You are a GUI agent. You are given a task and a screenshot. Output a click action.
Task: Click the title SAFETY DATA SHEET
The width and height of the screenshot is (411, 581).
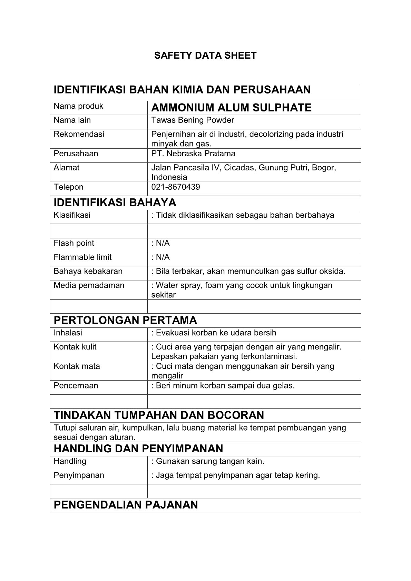pos(205,56)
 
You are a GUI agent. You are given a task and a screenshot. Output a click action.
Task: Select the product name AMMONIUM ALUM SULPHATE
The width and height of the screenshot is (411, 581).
pos(231,108)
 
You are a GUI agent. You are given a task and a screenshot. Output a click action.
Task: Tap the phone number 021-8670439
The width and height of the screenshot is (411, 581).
pos(176,187)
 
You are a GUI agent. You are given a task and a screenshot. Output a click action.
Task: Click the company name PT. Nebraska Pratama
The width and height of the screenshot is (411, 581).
pos(193,154)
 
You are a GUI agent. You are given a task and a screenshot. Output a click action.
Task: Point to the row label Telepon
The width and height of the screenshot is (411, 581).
pos(68,187)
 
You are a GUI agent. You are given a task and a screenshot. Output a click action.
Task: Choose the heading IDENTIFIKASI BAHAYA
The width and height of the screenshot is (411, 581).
pos(115,202)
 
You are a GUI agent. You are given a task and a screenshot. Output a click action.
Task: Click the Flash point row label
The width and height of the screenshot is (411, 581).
pos(74,243)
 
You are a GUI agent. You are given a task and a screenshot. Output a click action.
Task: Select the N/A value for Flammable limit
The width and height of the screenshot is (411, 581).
pos(163,257)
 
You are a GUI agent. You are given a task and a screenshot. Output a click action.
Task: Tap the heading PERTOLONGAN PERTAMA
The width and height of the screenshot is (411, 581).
pos(125,320)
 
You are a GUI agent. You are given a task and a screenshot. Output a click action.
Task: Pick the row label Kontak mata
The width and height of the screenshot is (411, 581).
pos(77,366)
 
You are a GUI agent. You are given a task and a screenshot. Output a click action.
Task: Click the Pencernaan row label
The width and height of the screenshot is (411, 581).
pos(76,385)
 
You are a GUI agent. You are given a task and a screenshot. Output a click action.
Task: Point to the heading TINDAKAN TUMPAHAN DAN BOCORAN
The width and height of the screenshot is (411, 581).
pos(159,415)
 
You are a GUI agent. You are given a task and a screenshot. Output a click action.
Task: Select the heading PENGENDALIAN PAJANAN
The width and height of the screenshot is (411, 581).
pos(126,505)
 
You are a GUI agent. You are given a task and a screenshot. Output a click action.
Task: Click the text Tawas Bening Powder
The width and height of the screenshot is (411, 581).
pos(193,120)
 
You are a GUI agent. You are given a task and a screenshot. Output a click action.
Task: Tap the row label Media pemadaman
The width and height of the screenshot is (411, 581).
pos(89,285)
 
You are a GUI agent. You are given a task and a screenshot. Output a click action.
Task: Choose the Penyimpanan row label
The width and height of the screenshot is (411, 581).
pos(79,475)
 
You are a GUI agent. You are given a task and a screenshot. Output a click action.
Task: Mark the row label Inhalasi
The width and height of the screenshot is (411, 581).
pos(68,333)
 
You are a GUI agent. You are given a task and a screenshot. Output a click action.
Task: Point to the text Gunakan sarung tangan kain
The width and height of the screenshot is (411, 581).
pos(210,461)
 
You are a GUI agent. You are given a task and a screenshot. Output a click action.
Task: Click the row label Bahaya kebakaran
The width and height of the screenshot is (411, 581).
pos(88,271)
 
